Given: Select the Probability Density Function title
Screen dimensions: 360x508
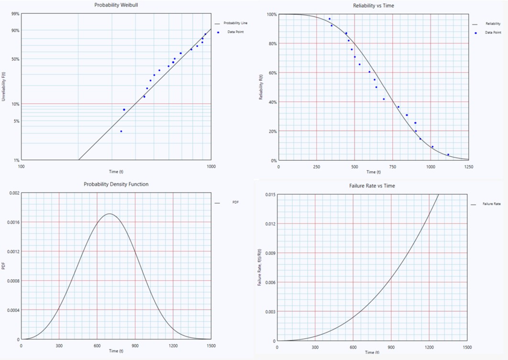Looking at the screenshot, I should click(116, 184).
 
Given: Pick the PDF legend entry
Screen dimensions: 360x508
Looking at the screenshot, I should click(234, 203).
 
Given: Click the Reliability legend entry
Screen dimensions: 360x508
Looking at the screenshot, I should click(493, 23).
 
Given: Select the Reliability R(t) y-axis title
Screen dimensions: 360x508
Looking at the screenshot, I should click(261, 88).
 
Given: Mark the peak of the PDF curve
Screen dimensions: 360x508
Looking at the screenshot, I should click(110, 214).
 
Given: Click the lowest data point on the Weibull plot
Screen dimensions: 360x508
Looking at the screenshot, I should click(121, 131).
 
